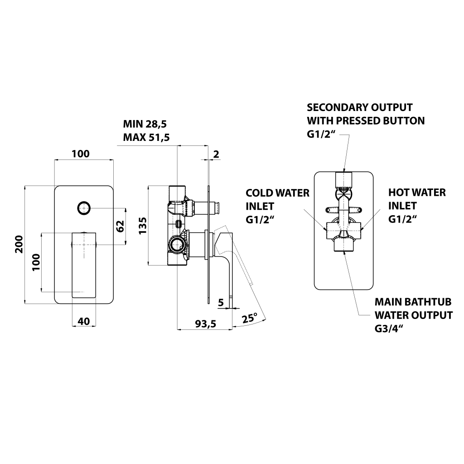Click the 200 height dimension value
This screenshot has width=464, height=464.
(19, 245)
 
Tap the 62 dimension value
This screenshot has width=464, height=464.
(120, 226)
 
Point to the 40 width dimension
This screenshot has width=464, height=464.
(83, 321)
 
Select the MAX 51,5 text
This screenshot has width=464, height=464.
(146, 137)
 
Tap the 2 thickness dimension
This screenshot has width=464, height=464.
(216, 154)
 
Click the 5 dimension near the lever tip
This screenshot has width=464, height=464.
(221, 302)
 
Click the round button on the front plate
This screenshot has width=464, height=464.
(83, 208)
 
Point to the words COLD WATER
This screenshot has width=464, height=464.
(277, 193)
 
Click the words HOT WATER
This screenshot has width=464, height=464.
(417, 193)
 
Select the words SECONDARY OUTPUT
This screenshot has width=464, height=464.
(360, 107)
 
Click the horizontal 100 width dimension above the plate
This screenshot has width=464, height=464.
(81, 154)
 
